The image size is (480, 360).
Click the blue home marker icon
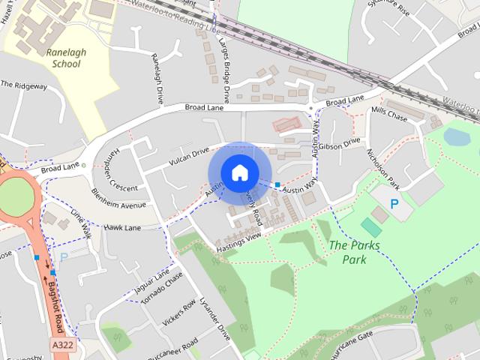tap(239, 172)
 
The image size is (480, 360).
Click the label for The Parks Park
tap(354, 252)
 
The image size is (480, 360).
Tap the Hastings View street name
tap(238, 241)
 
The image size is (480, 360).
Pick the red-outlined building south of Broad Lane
tap(286, 124)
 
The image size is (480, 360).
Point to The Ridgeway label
tap(23, 85)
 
